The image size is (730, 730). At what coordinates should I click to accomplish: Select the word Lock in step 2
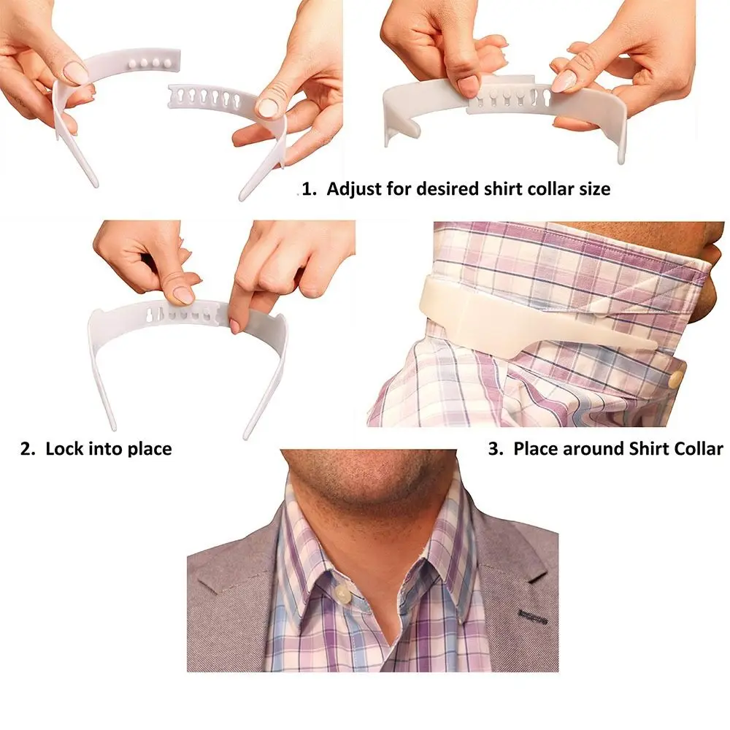[64, 448]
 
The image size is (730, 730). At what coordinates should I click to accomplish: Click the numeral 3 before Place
[493, 448]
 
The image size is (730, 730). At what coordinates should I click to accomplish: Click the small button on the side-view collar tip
[677, 378]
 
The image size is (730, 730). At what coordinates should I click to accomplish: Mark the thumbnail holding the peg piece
[76, 72]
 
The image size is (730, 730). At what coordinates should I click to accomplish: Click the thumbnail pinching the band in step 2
[183, 294]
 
